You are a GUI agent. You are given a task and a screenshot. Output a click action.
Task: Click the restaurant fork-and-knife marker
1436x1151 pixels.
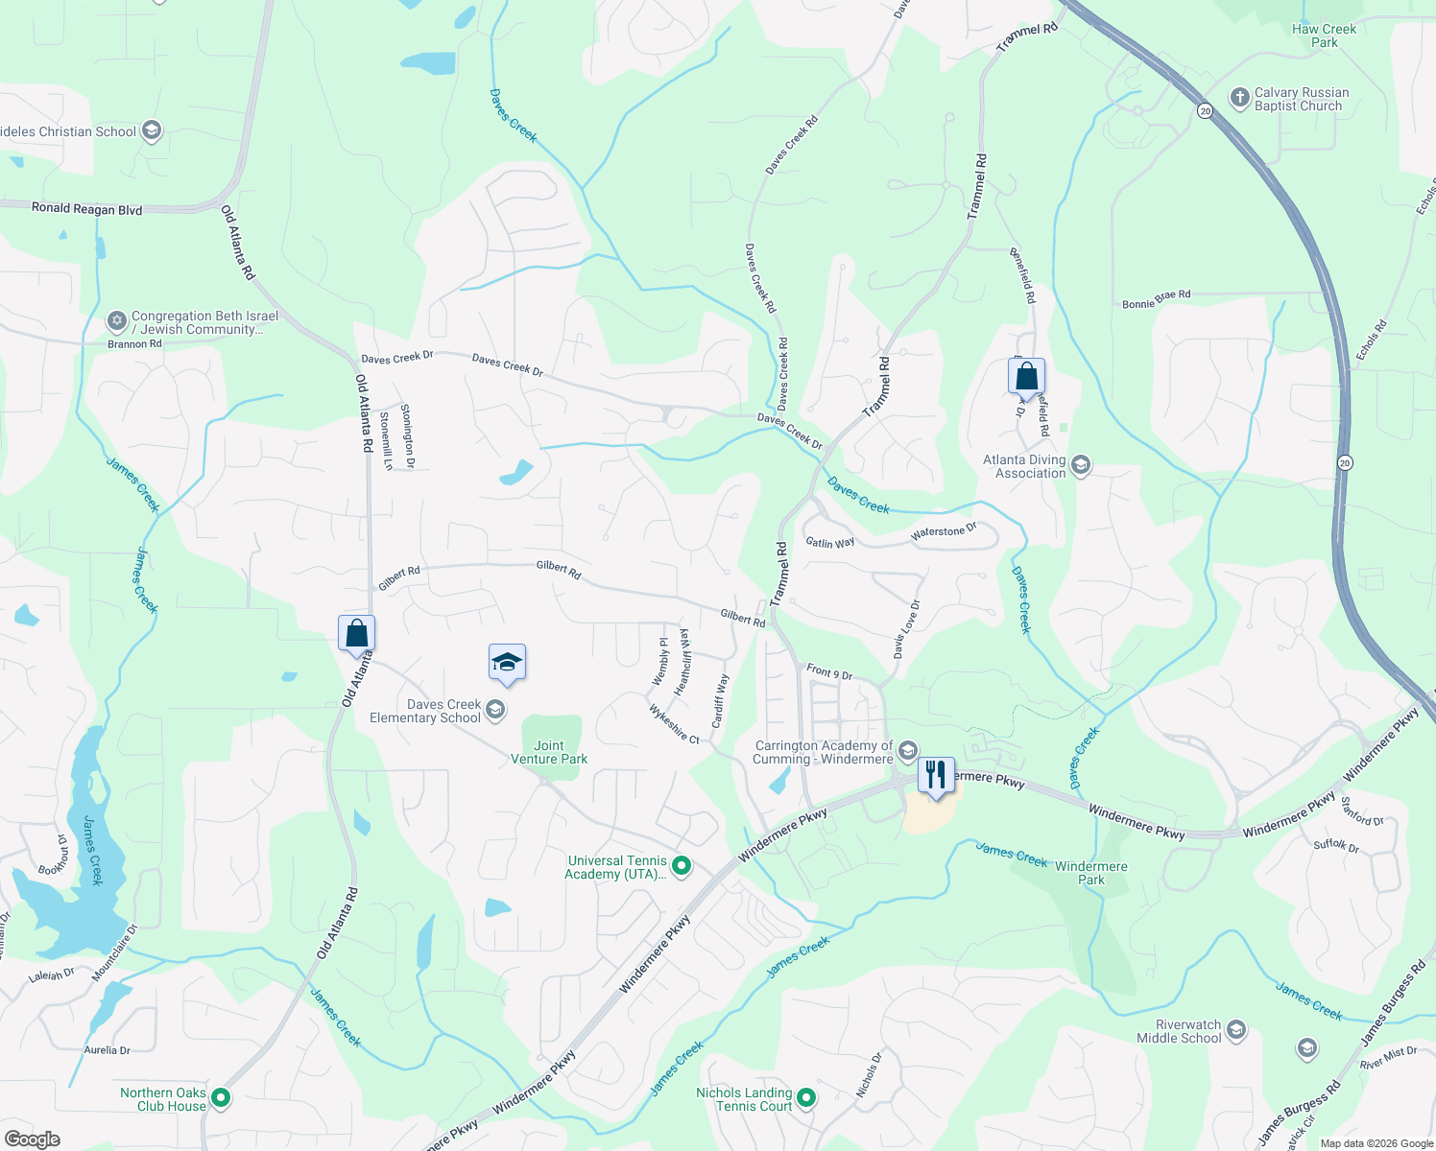(936, 774)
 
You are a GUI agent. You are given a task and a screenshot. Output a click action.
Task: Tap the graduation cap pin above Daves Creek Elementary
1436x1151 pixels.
(507, 662)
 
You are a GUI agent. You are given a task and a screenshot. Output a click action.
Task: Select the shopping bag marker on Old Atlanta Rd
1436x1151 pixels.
(356, 633)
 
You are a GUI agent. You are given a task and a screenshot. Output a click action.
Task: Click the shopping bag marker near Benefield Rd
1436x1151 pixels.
(1026, 377)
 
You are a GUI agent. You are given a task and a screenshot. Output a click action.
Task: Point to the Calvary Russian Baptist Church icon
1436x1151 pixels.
(1240, 99)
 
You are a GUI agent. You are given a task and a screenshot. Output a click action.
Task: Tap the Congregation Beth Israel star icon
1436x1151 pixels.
(116, 321)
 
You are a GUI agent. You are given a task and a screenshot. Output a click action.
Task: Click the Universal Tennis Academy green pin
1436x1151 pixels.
(682, 867)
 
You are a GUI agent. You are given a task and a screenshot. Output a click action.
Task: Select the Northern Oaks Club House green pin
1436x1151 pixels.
(221, 1098)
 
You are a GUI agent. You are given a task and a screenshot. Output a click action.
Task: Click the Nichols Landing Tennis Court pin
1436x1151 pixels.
(806, 1098)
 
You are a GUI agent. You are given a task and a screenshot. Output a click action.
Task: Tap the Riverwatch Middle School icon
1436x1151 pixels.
(1236, 1031)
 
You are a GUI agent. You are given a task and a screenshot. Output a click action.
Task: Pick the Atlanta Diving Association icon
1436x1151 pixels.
(1081, 466)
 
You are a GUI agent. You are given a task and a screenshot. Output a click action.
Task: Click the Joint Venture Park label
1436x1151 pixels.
(549, 752)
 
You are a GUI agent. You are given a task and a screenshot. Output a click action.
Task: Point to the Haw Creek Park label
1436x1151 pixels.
(1324, 35)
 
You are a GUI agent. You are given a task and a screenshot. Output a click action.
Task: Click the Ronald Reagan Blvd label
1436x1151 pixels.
(86, 209)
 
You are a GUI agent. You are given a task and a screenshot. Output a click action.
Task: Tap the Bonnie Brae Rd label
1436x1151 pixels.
(1156, 300)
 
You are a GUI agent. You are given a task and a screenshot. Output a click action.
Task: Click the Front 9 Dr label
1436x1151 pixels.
(829, 672)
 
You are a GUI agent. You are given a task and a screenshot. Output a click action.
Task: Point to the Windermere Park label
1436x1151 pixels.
(1091, 873)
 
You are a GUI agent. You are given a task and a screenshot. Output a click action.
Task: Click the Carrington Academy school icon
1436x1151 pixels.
(907, 751)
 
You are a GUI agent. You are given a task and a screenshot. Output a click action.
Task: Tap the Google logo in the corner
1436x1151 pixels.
(33, 1139)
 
